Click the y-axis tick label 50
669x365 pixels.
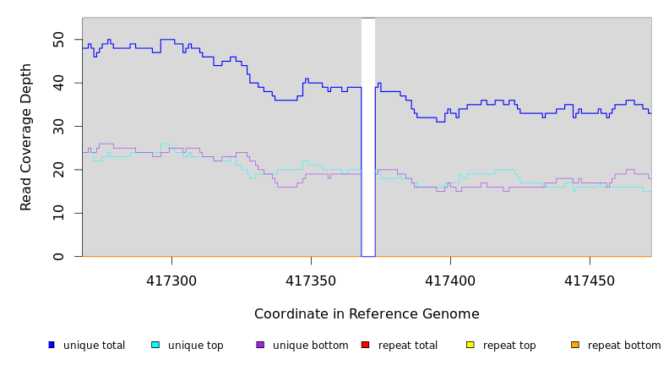click(x=58, y=40)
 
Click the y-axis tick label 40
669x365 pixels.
click(x=58, y=83)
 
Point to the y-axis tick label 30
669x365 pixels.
click(x=58, y=126)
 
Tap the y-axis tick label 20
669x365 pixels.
click(x=58, y=170)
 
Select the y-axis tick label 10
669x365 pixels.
click(x=58, y=213)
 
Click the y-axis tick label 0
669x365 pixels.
click(x=58, y=256)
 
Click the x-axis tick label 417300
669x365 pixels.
click(x=172, y=280)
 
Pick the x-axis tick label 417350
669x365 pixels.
click(x=311, y=280)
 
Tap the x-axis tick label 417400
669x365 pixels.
click(x=450, y=280)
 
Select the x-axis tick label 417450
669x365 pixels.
click(x=589, y=280)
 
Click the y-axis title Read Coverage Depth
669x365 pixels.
click(x=27, y=137)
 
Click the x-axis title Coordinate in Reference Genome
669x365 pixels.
click(x=367, y=314)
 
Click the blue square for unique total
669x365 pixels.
click(x=52, y=345)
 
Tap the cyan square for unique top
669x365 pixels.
click(x=155, y=345)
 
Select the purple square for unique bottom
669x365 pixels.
click(x=260, y=345)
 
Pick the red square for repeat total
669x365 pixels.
click(x=365, y=345)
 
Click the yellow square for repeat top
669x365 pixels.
click(x=470, y=345)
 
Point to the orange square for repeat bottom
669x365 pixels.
click(x=574, y=345)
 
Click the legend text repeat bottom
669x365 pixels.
click(x=624, y=346)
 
